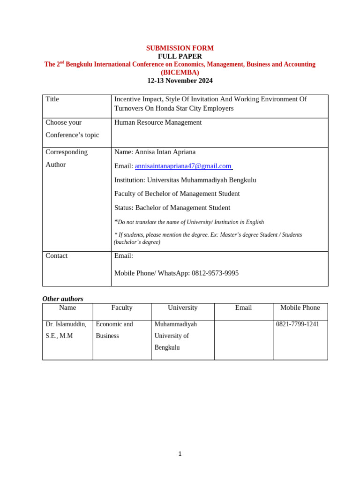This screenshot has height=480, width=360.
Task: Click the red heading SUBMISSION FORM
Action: point(180,48)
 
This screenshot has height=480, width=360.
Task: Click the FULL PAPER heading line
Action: point(180,56)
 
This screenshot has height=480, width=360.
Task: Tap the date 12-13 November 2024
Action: point(180,81)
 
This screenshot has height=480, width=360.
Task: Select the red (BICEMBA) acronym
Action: point(180,73)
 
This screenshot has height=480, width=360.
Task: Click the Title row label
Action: point(52,99)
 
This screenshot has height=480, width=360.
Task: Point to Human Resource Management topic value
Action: point(158,122)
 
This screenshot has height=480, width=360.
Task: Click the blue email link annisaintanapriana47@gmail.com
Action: point(183,166)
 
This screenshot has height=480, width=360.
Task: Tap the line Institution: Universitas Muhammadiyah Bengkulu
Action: point(185,180)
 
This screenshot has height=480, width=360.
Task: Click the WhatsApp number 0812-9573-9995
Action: point(215,273)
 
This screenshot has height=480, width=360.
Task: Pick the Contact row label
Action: point(57,256)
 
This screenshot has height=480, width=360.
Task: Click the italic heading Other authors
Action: point(63,299)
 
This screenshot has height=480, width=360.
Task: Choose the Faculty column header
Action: point(122,308)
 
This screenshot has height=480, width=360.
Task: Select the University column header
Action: point(183,308)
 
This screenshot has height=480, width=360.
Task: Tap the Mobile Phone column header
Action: point(300,308)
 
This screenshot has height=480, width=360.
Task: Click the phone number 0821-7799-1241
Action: point(298,324)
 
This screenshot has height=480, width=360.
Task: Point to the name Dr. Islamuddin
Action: point(66,324)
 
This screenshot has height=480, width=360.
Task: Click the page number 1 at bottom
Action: point(180,454)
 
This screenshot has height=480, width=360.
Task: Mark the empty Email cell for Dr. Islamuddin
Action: point(243,340)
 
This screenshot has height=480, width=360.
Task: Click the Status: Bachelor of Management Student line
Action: point(172,208)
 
